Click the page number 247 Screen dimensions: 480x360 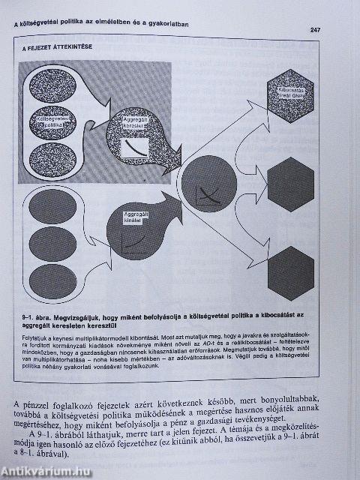[316, 30]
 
